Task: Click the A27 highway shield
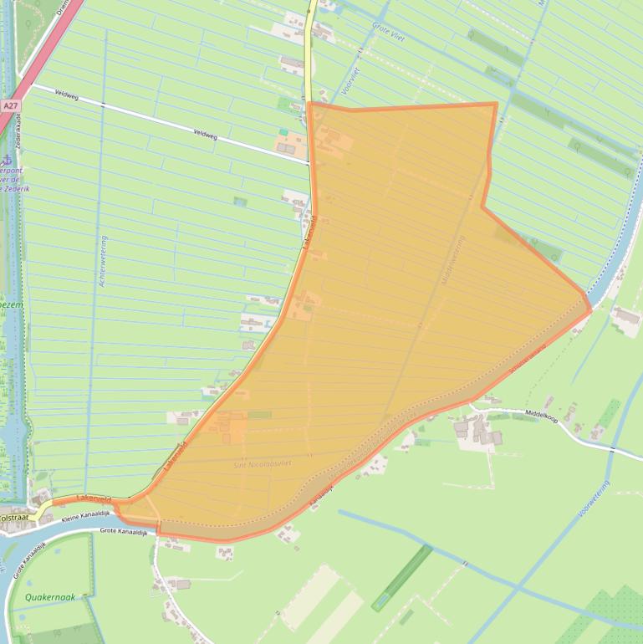click(x=10, y=106)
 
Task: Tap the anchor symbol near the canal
click(x=6, y=159)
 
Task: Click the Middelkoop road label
click(x=541, y=414)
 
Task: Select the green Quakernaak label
click(x=50, y=597)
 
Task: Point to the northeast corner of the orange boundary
click(x=496, y=105)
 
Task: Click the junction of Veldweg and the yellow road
click(x=309, y=162)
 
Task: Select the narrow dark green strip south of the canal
click(x=401, y=577)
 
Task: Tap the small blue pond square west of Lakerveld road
click(x=241, y=202)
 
